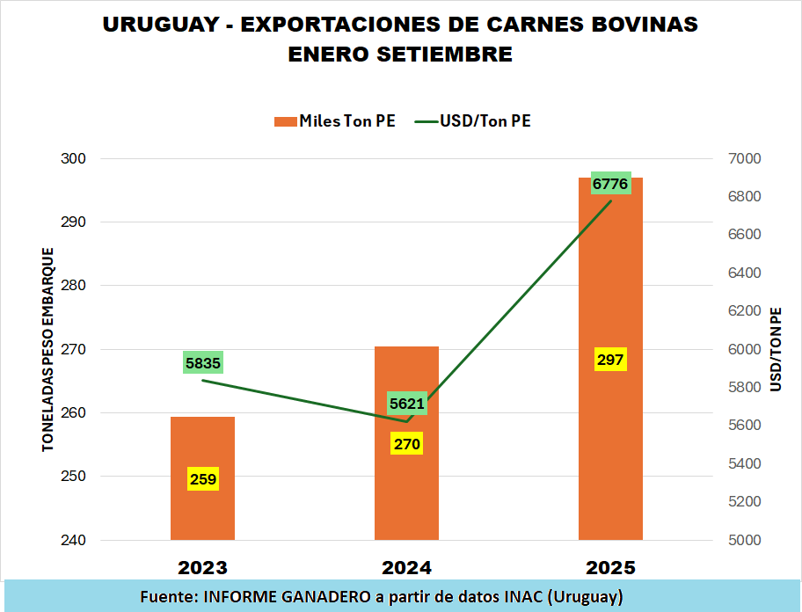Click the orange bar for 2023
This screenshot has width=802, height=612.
(202, 440)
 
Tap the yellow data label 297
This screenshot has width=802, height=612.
(610, 360)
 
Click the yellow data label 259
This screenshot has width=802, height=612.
(202, 479)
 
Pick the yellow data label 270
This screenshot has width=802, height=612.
(406, 444)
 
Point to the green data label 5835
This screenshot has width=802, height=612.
(203, 362)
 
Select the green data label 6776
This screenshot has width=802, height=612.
(610, 184)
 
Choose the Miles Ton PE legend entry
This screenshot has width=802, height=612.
(335, 121)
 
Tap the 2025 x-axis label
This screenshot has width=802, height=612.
(610, 566)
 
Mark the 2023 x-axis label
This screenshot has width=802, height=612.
(202, 566)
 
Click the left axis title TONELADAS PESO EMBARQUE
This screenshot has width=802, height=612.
(48, 350)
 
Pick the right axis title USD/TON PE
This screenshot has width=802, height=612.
(775, 350)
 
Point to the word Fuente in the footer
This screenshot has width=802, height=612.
(167, 597)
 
